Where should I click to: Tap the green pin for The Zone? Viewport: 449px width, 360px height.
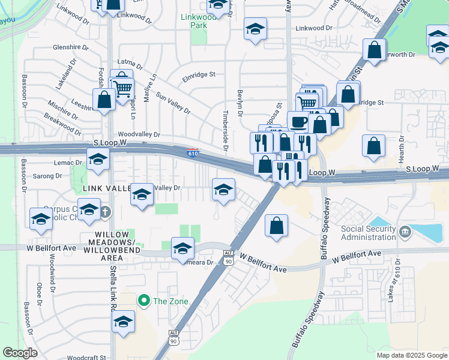pyautogui.click(x=143, y=300)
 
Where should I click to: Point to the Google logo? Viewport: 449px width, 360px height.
pyautogui.click(x=20, y=353)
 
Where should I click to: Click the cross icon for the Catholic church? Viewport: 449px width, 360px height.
pyautogui.click(x=106, y=211)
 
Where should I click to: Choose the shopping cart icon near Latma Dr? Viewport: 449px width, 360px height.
pyautogui.click(x=124, y=89)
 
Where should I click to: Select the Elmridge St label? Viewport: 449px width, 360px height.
pyautogui.click(x=199, y=74)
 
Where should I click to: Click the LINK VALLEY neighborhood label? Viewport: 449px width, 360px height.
pyautogui.click(x=106, y=188)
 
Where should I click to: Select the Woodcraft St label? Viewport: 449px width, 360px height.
pyautogui.click(x=87, y=357)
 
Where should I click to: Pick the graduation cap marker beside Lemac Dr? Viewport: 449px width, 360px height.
pyautogui.click(x=98, y=160)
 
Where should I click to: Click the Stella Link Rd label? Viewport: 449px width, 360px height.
pyautogui.click(x=112, y=282)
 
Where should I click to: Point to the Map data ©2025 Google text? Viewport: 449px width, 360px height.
pyautogui.click(x=411, y=355)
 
